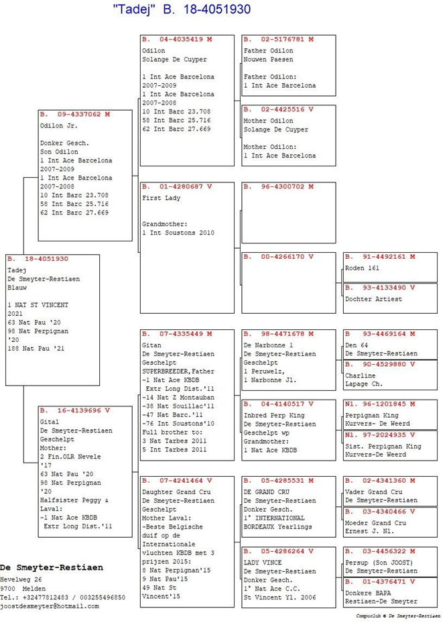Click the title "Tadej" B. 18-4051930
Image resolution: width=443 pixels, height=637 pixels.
tap(182, 9)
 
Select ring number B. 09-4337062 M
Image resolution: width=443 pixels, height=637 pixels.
tap(75, 115)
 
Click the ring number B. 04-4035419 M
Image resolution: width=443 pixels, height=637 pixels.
tap(177, 40)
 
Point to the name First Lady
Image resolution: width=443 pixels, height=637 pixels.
tap(162, 198)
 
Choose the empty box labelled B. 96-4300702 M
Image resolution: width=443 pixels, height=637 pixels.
tap(289, 213)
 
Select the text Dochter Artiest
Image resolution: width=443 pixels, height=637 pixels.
tap(373, 299)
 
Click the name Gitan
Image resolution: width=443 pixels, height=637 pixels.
tap(152, 345)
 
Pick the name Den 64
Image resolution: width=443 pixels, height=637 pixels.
tap(357, 345)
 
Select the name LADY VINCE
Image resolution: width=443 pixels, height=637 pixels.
tap(263, 563)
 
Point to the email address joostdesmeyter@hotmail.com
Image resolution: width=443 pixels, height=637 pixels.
tap(50, 606)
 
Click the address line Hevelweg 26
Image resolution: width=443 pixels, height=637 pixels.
tap(21, 580)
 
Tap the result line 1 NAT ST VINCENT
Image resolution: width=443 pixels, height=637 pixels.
tap(38, 305)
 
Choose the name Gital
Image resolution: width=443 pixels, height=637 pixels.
tap(50, 422)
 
